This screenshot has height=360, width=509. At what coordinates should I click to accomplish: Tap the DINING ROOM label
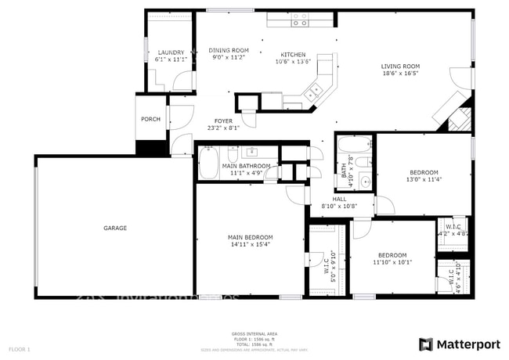[x=229, y=50]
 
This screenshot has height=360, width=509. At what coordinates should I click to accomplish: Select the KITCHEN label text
[x=294, y=55]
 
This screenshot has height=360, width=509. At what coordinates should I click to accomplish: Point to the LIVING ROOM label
[x=400, y=67]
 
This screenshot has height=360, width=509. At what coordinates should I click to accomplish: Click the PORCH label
[x=150, y=119]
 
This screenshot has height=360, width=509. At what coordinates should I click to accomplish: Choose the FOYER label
[x=223, y=121]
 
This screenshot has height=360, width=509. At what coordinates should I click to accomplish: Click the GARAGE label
[x=115, y=228]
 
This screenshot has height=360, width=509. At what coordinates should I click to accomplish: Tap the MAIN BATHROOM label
[x=246, y=166]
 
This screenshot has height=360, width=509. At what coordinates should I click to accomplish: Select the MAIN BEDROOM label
[x=251, y=237]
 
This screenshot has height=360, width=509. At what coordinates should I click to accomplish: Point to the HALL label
[x=339, y=199]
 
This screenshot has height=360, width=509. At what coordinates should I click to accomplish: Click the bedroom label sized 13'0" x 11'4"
[x=424, y=172]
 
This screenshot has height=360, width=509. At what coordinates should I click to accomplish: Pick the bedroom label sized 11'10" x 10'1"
[x=392, y=255]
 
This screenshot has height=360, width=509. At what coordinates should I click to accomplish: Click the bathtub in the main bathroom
[x=209, y=164]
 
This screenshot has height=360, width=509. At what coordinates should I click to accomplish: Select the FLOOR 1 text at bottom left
[x=19, y=348]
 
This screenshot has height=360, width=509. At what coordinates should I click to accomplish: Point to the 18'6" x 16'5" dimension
[x=400, y=74]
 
